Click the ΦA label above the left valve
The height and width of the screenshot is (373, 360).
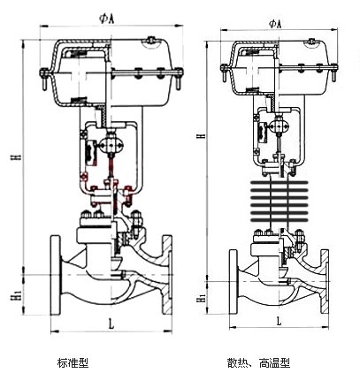107,19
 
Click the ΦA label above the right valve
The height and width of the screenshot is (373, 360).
275,24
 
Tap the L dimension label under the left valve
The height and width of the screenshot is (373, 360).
111,324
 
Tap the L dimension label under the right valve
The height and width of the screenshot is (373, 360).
280,321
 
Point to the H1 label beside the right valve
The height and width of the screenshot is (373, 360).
202,298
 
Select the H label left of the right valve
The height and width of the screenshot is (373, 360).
202,136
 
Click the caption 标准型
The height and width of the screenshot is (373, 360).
73,362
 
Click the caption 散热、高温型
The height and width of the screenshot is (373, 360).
258,362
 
